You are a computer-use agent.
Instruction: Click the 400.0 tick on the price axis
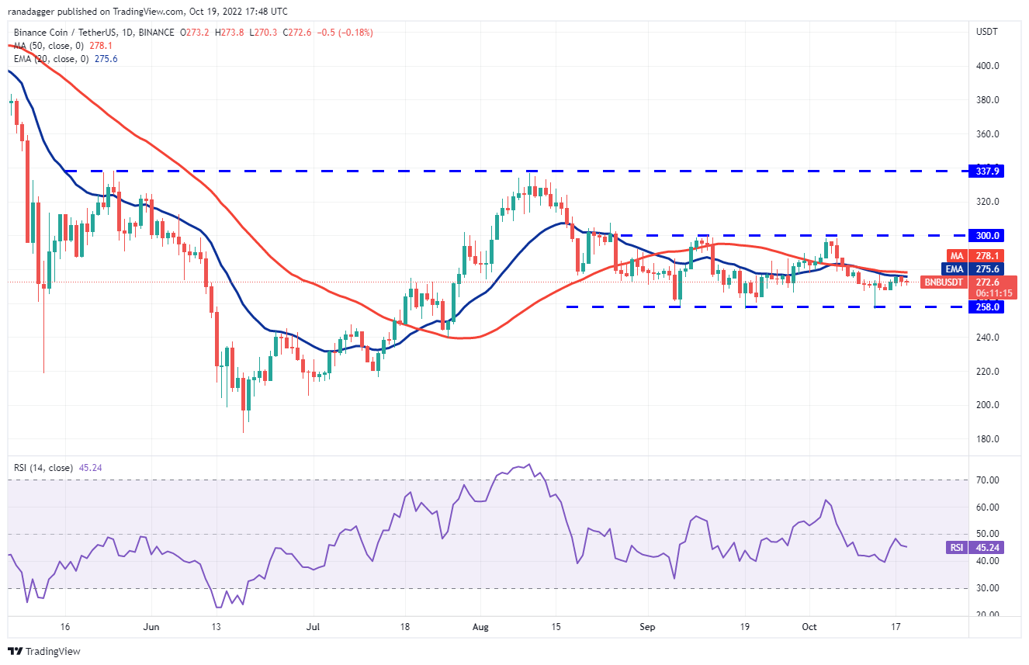(x=987, y=66)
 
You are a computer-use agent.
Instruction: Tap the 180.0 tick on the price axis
(x=987, y=439)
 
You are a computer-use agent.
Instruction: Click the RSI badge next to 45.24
(x=956, y=548)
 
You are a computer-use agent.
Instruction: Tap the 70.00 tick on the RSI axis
(x=986, y=480)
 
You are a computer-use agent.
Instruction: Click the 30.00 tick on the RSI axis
(x=986, y=588)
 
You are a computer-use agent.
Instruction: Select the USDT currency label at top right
(x=986, y=31)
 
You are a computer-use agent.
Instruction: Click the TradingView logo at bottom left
(x=44, y=651)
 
